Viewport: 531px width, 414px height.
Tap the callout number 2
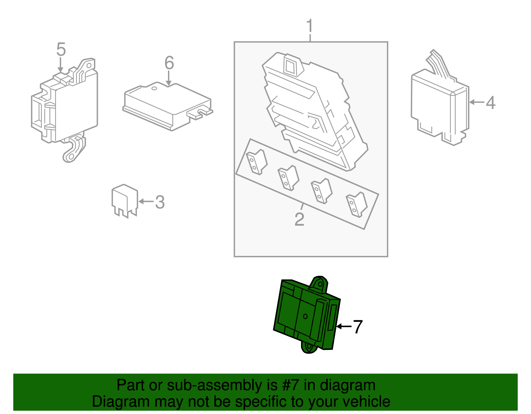(x=299, y=219)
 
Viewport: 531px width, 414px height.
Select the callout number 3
(x=160, y=202)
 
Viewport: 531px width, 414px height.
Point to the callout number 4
(x=491, y=102)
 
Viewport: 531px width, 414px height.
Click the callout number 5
(x=61, y=49)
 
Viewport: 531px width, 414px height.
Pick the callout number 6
(x=169, y=63)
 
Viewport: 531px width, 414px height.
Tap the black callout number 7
(x=358, y=327)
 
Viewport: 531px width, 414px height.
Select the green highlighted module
(x=307, y=315)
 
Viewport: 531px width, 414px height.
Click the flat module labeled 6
(x=168, y=106)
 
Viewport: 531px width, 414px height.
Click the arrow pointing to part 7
(x=344, y=326)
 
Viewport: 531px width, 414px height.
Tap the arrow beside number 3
(x=146, y=202)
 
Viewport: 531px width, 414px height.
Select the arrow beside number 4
(x=477, y=102)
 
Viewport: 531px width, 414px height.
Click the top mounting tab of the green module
(x=319, y=284)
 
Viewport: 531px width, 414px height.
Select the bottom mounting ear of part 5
(x=73, y=149)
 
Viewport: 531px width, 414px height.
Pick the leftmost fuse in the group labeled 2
(x=256, y=162)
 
